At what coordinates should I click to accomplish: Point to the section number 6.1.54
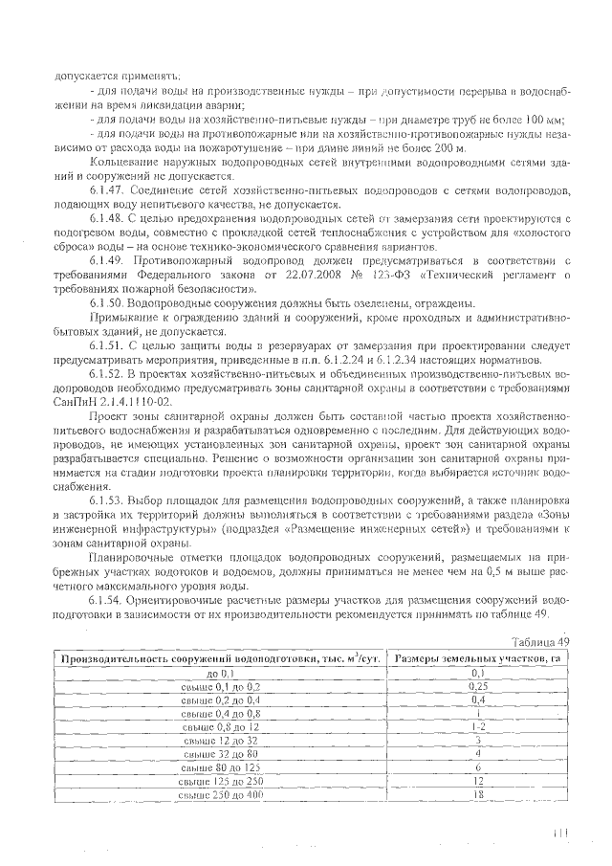[x=108, y=597]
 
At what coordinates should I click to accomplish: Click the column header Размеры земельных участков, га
[x=475, y=658]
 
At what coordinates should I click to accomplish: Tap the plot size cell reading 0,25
[x=475, y=686]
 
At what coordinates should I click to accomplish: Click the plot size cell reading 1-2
[x=475, y=726]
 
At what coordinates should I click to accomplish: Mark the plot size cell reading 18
[x=475, y=794]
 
